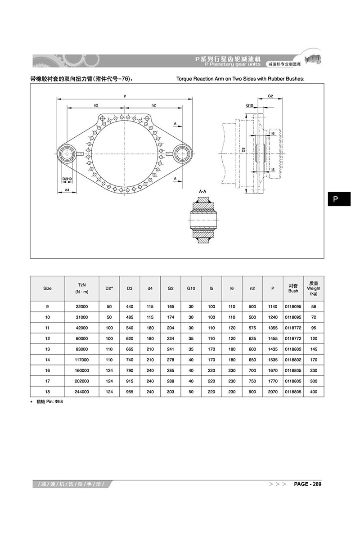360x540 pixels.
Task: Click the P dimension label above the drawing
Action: pos(125,96)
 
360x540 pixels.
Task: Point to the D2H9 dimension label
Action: pos(67,179)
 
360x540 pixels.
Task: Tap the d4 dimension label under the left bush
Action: pos(67,190)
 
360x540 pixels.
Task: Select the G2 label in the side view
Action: pos(270,96)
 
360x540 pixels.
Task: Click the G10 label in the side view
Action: pos(250,105)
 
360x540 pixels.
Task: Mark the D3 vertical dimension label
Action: pos(243,150)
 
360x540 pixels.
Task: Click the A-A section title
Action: pos(202,192)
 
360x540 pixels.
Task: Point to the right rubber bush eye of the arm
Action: pos(182,153)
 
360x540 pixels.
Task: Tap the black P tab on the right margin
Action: pos(339,199)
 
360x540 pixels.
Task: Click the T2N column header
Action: pos(82,288)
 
